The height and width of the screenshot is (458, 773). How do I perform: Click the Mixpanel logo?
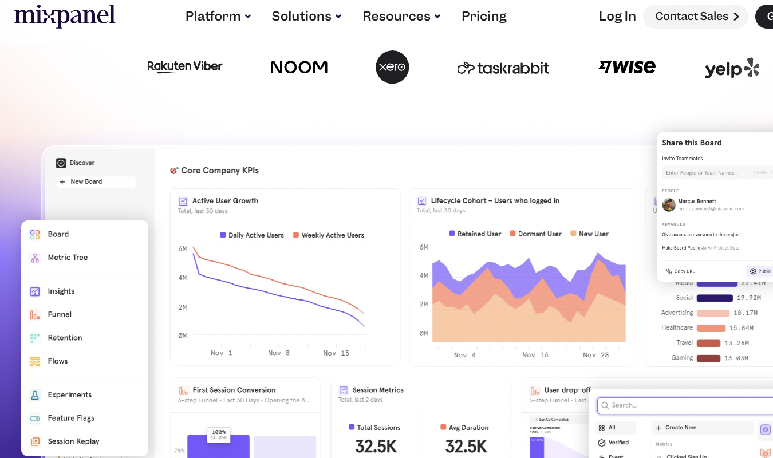(65, 16)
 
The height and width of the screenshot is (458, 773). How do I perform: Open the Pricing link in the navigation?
(484, 16)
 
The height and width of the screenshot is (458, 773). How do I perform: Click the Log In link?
(617, 16)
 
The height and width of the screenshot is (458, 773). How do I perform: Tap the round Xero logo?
(392, 67)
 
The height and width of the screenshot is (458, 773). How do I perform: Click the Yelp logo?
(731, 69)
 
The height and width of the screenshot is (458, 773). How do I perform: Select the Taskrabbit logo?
(503, 68)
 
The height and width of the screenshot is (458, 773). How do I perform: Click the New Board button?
(96, 181)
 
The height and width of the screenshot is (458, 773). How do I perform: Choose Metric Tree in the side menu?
(68, 258)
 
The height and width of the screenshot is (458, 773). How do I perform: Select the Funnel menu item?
(60, 314)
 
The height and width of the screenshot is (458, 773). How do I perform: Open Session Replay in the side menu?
(73, 441)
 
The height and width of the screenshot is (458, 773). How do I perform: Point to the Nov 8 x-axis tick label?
(279, 353)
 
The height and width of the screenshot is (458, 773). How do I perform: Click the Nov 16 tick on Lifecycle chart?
(535, 355)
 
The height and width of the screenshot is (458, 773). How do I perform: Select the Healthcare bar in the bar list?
(711, 328)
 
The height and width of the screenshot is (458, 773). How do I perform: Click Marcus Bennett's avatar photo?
(669, 204)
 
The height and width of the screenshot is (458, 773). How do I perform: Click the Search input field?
(687, 405)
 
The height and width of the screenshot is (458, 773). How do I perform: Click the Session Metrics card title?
(378, 390)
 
